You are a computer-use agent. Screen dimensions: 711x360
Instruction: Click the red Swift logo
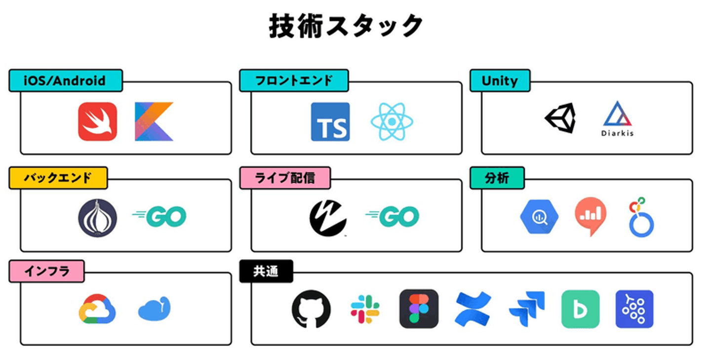pyautogui.click(x=97, y=121)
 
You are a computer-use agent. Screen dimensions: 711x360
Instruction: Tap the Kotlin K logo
pyautogui.click(x=154, y=121)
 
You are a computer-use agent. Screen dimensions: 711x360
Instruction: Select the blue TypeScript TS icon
pyautogui.click(x=330, y=121)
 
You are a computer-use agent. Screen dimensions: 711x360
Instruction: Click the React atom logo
pyautogui.click(x=392, y=121)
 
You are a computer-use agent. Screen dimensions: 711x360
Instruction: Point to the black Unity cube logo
pyautogui.click(x=560, y=118)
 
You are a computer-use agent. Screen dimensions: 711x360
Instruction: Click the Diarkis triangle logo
pyautogui.click(x=617, y=119)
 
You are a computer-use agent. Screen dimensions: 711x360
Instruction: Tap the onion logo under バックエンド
pyautogui.click(x=97, y=218)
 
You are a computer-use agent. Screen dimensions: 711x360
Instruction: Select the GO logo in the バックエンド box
pyautogui.click(x=159, y=216)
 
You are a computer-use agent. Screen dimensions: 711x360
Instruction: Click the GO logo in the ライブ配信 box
pyautogui.click(x=392, y=216)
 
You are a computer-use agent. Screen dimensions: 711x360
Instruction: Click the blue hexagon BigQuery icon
pyautogui.click(x=539, y=217)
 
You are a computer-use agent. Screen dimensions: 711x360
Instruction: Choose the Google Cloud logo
pyautogui.click(x=97, y=309)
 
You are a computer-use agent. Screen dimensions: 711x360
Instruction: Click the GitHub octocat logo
pyautogui.click(x=311, y=309)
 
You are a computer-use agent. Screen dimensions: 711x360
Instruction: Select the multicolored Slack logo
pyautogui.click(x=365, y=309)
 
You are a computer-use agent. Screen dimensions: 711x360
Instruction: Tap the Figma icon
pyautogui.click(x=419, y=309)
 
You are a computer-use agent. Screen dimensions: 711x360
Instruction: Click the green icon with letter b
pyautogui.click(x=581, y=309)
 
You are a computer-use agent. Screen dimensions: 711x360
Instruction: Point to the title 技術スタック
pyautogui.click(x=346, y=26)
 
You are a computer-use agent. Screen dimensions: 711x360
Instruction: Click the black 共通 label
pyautogui.click(x=266, y=271)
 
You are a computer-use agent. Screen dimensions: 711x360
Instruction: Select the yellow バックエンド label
pyautogui.click(x=58, y=178)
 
